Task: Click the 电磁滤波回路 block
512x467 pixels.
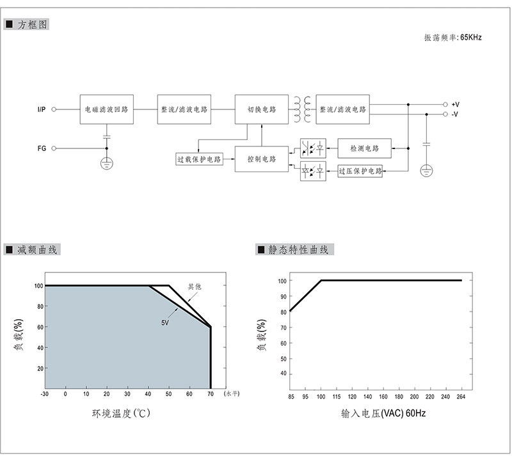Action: (x=106, y=109)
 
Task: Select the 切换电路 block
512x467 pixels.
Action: (x=262, y=109)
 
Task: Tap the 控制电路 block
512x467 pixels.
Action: (x=262, y=159)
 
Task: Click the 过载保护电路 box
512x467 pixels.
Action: (x=199, y=159)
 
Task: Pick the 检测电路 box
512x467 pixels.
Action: (x=364, y=148)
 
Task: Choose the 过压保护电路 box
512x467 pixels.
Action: (x=360, y=171)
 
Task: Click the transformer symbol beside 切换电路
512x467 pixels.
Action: (x=302, y=109)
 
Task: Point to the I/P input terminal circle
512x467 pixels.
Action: (x=54, y=109)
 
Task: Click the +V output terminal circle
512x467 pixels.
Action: (x=445, y=104)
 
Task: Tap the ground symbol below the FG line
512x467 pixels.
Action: (x=106, y=163)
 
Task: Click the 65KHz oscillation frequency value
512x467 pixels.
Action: (x=471, y=38)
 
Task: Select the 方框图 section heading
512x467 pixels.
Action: (x=26, y=24)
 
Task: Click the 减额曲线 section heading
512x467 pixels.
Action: (x=32, y=249)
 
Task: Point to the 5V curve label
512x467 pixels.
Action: (x=165, y=323)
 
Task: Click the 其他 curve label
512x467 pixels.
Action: (x=195, y=287)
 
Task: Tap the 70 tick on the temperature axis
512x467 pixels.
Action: (x=211, y=394)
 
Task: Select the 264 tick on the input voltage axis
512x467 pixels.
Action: (x=461, y=397)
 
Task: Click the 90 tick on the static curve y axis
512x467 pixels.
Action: (x=283, y=296)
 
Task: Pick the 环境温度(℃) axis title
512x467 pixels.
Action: (x=121, y=413)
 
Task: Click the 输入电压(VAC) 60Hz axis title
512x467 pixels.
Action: (x=383, y=413)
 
